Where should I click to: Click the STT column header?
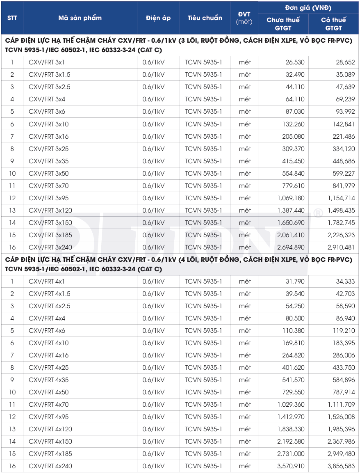click(11, 18)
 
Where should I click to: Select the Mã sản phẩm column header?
click(80, 18)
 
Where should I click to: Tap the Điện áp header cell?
click(158, 18)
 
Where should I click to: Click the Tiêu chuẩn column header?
click(205, 18)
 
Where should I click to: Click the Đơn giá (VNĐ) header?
click(308, 8)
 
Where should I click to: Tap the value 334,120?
click(345, 149)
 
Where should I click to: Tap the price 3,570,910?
click(291, 466)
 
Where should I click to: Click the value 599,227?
click(345, 173)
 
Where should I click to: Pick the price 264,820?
click(293, 355)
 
